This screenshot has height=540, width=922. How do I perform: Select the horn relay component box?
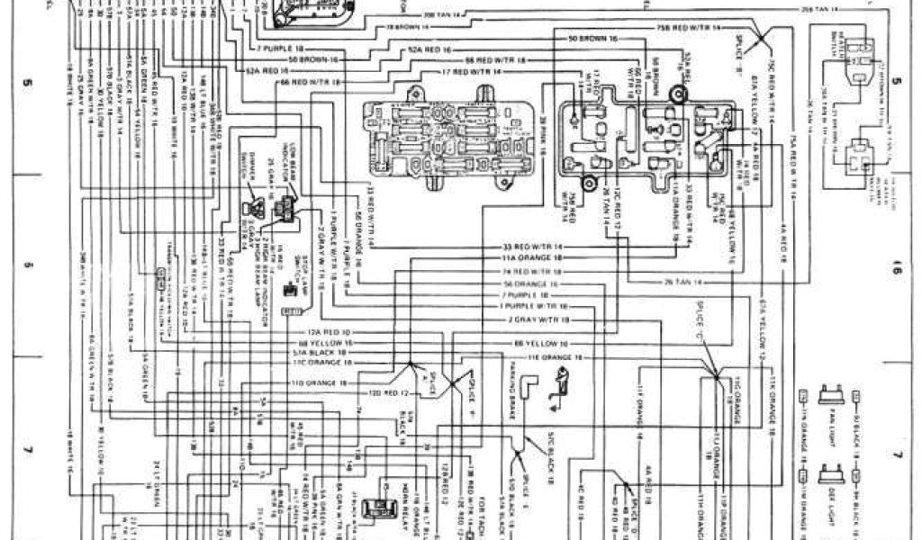tap(371, 508)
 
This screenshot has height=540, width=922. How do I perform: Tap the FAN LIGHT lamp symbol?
tap(829, 397)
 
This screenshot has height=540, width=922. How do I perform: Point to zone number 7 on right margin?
tap(897, 454)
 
